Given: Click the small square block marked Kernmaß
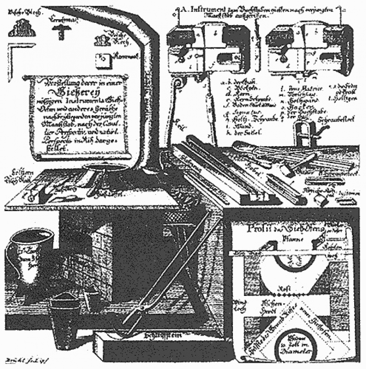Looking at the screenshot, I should [102, 59].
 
